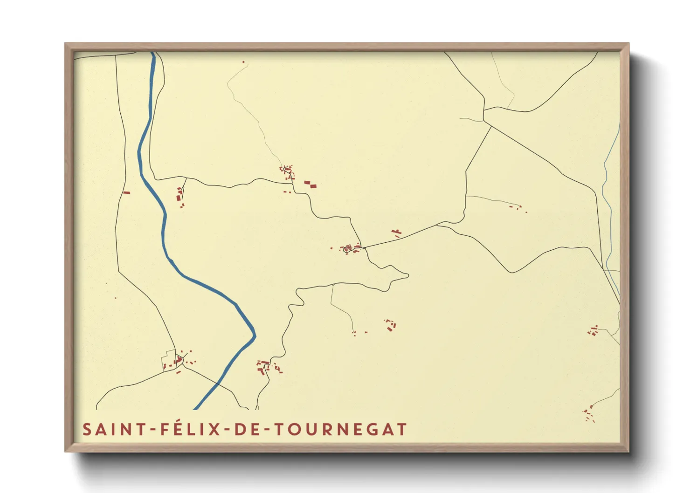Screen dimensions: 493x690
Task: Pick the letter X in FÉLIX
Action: tap(214, 429)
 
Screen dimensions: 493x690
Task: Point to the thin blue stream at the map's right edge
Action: tap(607, 196)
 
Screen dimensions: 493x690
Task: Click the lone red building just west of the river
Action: tap(126, 192)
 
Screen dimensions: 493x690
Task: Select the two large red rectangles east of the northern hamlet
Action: tap(310, 184)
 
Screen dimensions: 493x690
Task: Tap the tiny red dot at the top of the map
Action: tap(243, 62)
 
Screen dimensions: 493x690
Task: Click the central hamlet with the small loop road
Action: tap(348, 249)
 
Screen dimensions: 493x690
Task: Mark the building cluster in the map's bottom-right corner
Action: tap(590, 414)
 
